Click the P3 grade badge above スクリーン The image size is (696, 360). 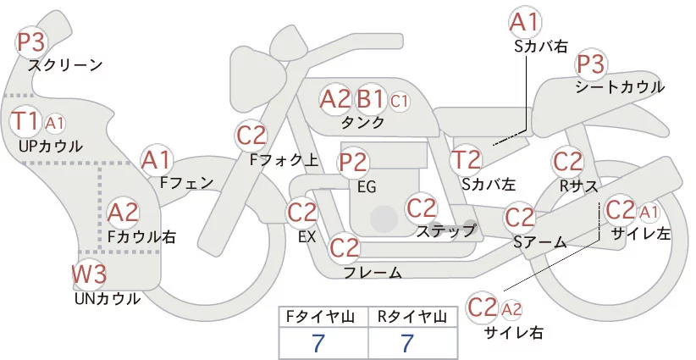point(32,42)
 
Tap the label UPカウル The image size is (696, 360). point(51,146)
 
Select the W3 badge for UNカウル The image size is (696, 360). point(89,275)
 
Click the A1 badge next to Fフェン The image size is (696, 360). point(156,159)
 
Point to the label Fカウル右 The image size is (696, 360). point(141,237)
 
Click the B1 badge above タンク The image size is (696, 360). point(371,99)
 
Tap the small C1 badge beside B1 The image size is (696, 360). point(400,100)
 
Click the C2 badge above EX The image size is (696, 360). point(302,212)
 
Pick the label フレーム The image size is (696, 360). point(373,273)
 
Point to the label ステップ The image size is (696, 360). point(445,230)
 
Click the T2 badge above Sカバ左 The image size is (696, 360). point(466,160)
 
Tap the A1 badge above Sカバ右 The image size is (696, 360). point(524,22)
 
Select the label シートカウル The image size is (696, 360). point(619,87)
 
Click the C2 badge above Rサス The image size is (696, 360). point(567,161)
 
